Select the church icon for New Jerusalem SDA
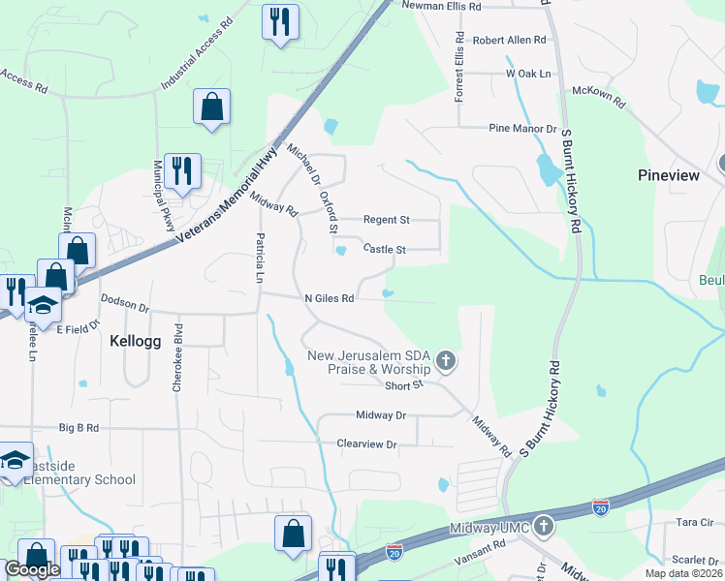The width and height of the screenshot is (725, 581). [x=446, y=362]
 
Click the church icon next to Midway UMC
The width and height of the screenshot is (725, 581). [x=544, y=528]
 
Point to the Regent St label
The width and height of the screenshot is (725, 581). [x=386, y=220]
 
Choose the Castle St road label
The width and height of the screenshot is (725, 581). [x=384, y=249]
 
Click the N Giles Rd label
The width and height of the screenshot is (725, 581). [x=328, y=299]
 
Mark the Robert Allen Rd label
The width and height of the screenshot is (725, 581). [x=509, y=41]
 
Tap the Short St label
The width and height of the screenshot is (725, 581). [x=404, y=385]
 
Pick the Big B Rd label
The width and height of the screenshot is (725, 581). [x=79, y=426]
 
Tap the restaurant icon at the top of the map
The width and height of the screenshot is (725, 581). [x=280, y=21]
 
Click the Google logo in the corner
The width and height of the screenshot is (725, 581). [x=32, y=569]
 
